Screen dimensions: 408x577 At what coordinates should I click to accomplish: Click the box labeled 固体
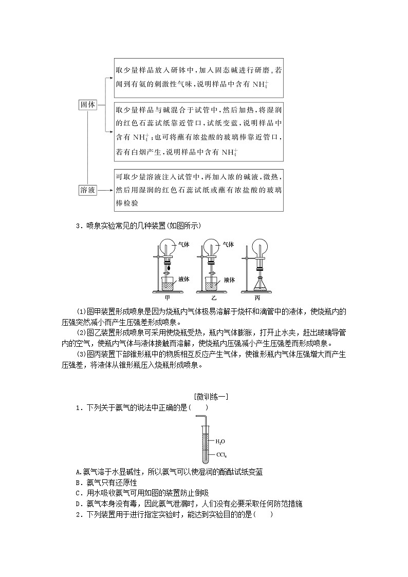point(88,104)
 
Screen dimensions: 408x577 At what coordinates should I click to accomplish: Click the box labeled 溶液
point(88,190)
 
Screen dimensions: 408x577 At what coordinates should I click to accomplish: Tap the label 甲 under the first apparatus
point(166,297)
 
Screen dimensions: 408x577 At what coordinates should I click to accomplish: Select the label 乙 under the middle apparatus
point(211,297)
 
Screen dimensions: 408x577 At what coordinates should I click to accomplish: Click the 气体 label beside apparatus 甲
point(183,245)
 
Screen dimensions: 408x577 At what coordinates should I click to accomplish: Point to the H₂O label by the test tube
point(219,441)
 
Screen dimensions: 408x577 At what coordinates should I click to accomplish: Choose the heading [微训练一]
point(204,397)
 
